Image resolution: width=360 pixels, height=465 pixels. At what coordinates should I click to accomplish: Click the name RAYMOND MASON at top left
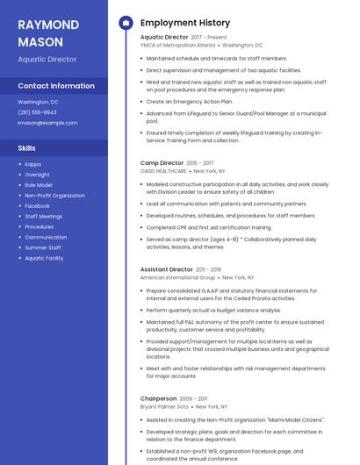pos(48,32)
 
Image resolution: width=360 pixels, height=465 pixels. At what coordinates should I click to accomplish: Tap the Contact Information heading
pos(56,86)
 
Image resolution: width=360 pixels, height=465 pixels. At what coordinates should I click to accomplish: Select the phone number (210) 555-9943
pos(37,112)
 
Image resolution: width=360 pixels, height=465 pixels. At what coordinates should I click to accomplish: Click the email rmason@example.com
pos(47,123)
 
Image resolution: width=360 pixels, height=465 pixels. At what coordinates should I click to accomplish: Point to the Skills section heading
pos(27,148)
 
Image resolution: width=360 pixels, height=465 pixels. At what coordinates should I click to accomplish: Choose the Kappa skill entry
pos(32,164)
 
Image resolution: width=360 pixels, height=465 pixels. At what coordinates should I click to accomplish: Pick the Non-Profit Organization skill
pos(54,196)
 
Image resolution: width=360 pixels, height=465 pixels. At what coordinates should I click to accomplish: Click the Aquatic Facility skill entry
pos(44,258)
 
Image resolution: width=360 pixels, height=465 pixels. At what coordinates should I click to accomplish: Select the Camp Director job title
pos(162,163)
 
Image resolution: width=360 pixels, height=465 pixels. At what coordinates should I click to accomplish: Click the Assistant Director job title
pos(167,269)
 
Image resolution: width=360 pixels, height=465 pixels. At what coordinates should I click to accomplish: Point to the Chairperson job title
pos(159,399)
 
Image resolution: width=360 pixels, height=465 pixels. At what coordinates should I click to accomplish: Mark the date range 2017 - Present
pos(209,38)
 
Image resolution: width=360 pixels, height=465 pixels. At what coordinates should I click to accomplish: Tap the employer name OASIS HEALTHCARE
pos(163,171)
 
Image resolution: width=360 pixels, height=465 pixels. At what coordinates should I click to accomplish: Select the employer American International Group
pos(178,277)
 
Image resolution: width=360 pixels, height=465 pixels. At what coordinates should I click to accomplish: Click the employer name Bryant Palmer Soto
pos(164,407)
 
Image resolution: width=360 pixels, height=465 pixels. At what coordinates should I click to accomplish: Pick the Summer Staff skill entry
pos(43,247)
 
